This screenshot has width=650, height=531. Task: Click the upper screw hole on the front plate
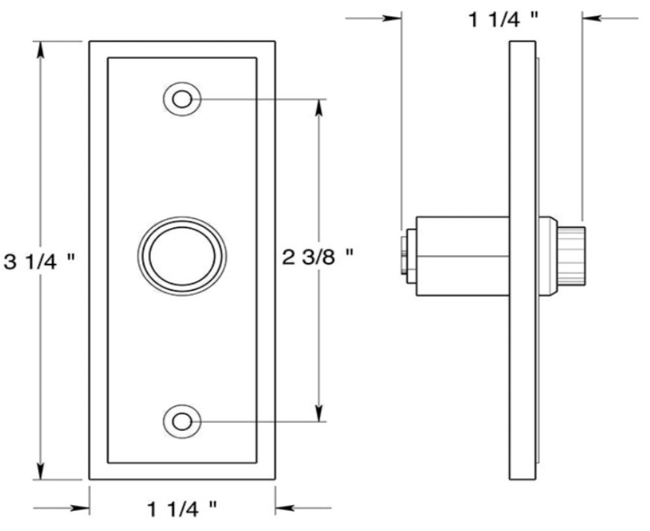181,99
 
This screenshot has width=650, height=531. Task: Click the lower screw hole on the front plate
181,421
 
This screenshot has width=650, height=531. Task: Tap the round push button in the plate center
182,255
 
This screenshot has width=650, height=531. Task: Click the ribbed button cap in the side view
573,254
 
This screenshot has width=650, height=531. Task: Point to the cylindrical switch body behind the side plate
461,254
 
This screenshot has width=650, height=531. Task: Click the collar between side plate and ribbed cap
547,254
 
